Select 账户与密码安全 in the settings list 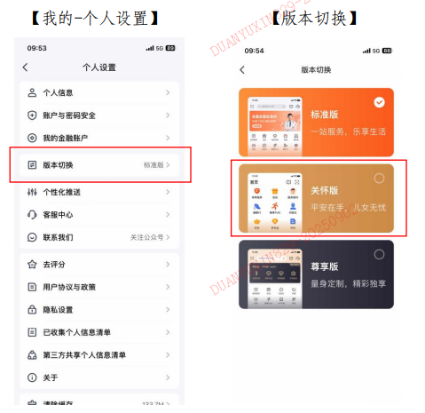coord(72,115)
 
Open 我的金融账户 coord(66,139)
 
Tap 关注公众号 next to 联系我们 coord(146,238)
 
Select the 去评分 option coord(54,265)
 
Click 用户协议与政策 coord(70,287)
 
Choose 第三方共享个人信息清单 coord(84,355)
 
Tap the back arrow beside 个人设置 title coord(25,68)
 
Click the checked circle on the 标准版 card coord(380,102)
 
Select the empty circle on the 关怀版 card coord(380,178)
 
